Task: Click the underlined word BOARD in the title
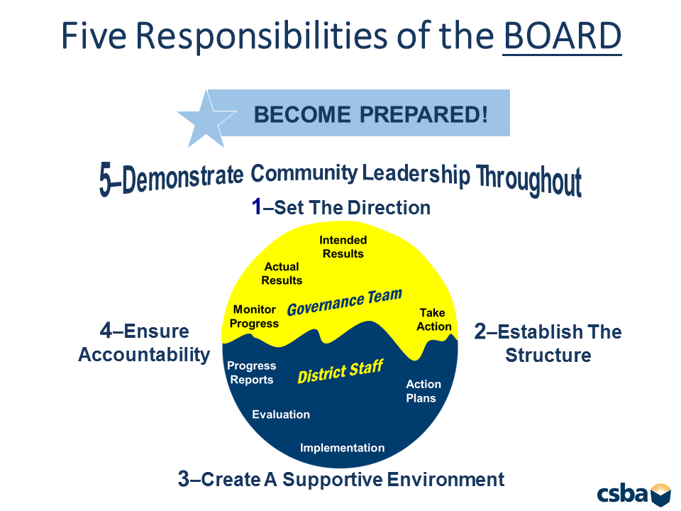click(x=563, y=35)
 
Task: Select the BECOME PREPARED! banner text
click(x=370, y=115)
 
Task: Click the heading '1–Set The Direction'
click(x=341, y=207)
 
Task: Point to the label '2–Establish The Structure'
click(x=548, y=344)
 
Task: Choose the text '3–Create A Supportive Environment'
click(x=341, y=480)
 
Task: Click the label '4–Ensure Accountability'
click(x=144, y=343)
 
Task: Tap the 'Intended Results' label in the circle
click(x=343, y=247)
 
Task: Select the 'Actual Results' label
click(x=282, y=273)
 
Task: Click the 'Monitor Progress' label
click(x=254, y=317)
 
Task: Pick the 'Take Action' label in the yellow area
click(x=434, y=319)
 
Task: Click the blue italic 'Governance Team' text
click(x=345, y=302)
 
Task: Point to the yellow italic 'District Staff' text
click(x=340, y=371)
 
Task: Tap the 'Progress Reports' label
click(x=251, y=373)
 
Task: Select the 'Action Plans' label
click(x=423, y=391)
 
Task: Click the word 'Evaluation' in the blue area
click(x=281, y=414)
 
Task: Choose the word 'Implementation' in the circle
click(x=342, y=448)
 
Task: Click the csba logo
click(x=633, y=494)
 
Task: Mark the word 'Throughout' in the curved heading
click(x=529, y=180)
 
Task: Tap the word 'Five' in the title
click(x=94, y=35)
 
